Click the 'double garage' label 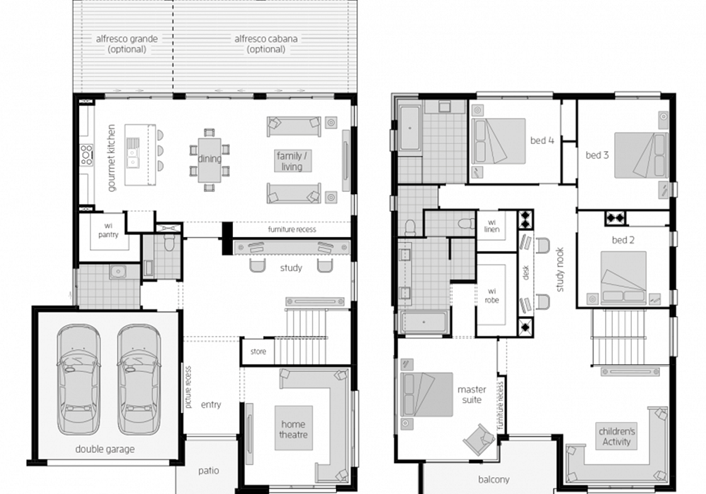tap(104, 449)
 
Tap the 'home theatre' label tap(293, 429)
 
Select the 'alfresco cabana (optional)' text tap(265, 44)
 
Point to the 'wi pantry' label tap(108, 230)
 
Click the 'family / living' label tap(292, 161)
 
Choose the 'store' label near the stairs tap(258, 351)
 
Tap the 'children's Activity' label tap(616, 436)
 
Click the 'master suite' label tap(472, 394)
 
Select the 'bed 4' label tap(542, 140)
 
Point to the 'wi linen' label tap(491, 226)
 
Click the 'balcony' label tap(493, 480)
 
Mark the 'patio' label tap(208, 471)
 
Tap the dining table tap(210, 159)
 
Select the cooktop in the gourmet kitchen tap(86, 155)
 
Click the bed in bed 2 tap(623, 277)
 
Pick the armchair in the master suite tap(479, 439)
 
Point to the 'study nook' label tap(560, 270)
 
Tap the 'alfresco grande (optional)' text tap(127, 44)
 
